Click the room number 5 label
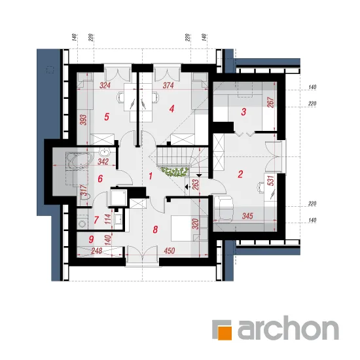[107, 117]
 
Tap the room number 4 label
[171, 109]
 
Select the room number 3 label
[243, 112]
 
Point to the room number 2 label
[240, 174]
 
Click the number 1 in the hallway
[151, 176]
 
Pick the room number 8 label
[155, 229]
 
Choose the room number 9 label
[91, 240]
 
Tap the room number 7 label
[96, 220]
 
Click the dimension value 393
[84, 120]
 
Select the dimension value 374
[168, 86]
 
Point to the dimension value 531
[271, 181]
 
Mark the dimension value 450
[170, 251]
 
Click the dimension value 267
[271, 102]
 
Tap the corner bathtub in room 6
[79, 161]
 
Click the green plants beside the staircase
[175, 172]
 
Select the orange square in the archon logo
[225, 333]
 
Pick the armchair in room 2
[224, 209]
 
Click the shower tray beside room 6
[118, 197]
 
